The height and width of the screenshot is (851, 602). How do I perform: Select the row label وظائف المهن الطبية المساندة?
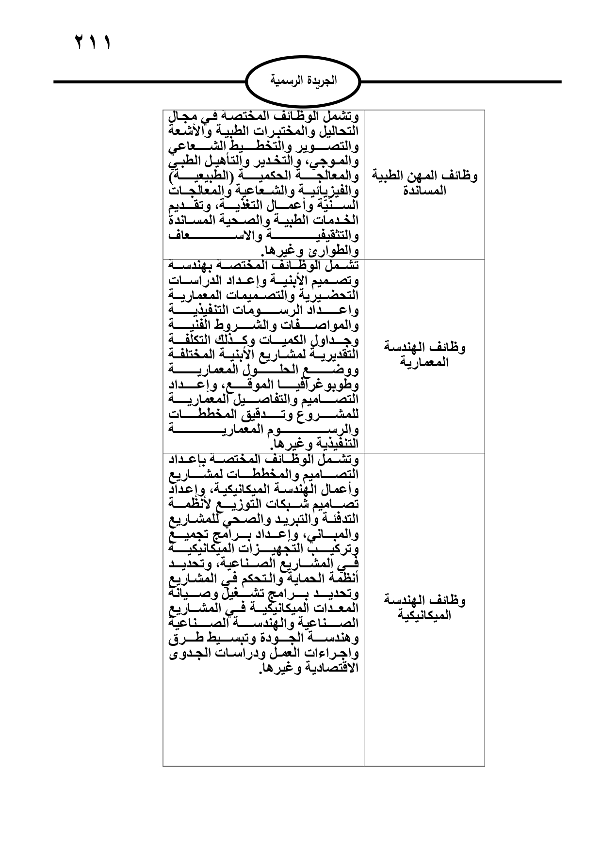pos(424,183)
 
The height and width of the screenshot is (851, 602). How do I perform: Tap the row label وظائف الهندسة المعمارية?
pos(424,354)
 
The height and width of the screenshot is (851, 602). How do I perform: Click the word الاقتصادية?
pos(332,668)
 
